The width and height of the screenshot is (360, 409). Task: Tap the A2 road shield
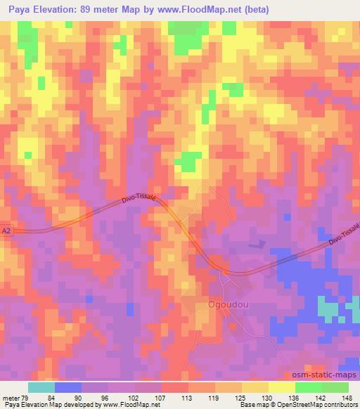tap(6, 230)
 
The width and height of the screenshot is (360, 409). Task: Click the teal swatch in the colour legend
tap(41, 387)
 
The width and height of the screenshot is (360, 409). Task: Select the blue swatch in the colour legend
tap(68, 387)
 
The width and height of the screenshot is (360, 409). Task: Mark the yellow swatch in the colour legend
tap(281, 387)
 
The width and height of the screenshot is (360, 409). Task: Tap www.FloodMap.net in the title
tap(196, 8)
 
